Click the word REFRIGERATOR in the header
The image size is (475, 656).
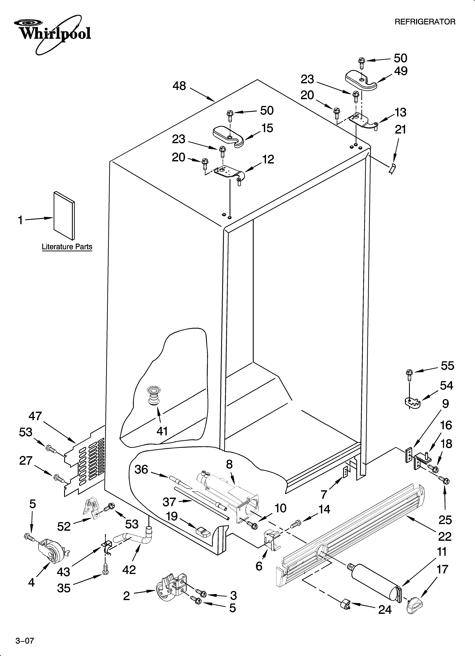(425, 22)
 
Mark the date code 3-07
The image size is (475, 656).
(25, 631)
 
